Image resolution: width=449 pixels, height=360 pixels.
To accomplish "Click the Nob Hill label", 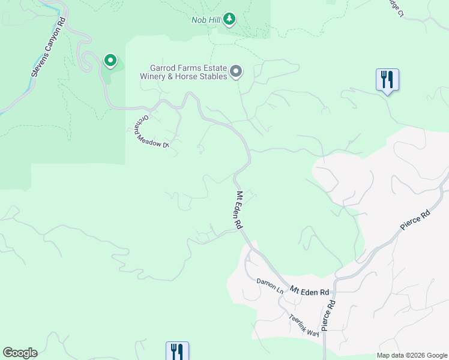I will [205, 20].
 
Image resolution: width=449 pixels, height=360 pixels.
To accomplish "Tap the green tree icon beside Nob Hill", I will [229, 20].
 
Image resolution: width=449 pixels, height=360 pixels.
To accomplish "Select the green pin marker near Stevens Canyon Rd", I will [110, 60].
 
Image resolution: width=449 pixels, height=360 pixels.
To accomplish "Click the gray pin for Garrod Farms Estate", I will [236, 72].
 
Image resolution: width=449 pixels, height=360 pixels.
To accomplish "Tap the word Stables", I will [211, 76].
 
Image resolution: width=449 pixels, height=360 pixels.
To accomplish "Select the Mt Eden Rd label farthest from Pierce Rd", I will [239, 209].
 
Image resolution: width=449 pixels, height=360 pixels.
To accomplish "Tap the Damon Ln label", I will [270, 285].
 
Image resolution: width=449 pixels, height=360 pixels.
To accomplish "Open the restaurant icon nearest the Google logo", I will [177, 351].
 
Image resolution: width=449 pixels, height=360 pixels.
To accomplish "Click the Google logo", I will [20, 353].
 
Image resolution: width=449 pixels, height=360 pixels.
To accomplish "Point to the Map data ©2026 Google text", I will [411, 355].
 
